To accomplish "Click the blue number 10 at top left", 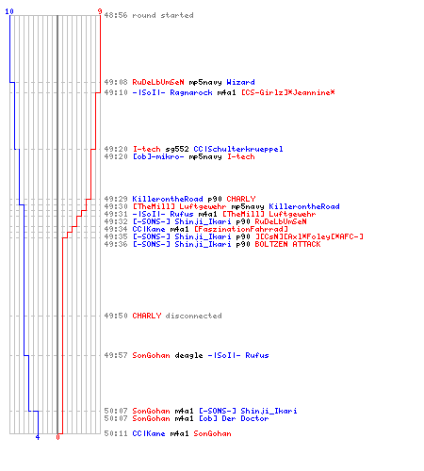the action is pyautogui.click(x=9, y=11).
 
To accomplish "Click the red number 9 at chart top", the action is pyautogui.click(x=100, y=11).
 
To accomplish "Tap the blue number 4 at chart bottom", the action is pyautogui.click(x=38, y=437).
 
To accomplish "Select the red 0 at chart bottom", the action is pyautogui.click(x=57, y=437).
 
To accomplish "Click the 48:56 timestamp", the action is pyautogui.click(x=116, y=15).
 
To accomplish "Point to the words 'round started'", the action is pyautogui.click(x=163, y=15).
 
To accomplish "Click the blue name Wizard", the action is pyautogui.click(x=240, y=82).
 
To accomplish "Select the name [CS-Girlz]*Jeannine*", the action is pyautogui.click(x=288, y=92).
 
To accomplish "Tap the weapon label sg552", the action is pyautogui.click(x=177, y=149).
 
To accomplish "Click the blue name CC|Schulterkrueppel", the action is pyautogui.click(x=238, y=149).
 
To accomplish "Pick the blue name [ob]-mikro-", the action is pyautogui.click(x=158, y=156).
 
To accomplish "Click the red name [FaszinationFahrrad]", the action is pyautogui.click(x=241, y=229).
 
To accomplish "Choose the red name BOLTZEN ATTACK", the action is pyautogui.click(x=287, y=244).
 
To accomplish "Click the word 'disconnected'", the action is pyautogui.click(x=193, y=316).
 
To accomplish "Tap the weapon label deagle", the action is pyautogui.click(x=188, y=356).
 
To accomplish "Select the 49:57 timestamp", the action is pyautogui.click(x=116, y=355).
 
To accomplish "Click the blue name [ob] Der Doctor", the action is pyautogui.click(x=234, y=418).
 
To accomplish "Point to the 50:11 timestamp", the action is pyautogui.click(x=116, y=433).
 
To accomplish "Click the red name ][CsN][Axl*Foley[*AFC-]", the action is pyautogui.click(x=309, y=236).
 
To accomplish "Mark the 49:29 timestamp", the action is pyautogui.click(x=116, y=199).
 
